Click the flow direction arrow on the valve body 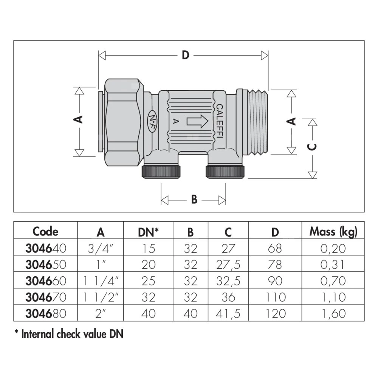(x=197, y=121)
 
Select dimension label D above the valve (x=185, y=55)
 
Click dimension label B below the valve (x=194, y=199)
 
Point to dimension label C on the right (x=311, y=147)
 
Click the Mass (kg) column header (x=333, y=231)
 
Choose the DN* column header (x=148, y=231)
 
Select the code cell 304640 (x=45, y=248)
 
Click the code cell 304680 (x=45, y=313)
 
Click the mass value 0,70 (x=333, y=281)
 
